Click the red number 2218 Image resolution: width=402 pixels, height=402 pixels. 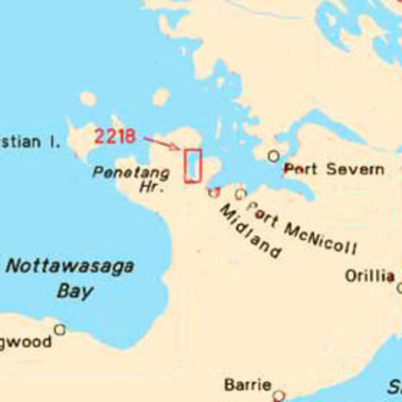click(x=115, y=136)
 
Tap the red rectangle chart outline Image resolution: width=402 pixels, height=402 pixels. click(x=192, y=166)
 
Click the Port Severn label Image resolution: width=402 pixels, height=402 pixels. click(x=333, y=169)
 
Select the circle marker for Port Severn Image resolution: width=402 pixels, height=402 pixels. click(x=273, y=156)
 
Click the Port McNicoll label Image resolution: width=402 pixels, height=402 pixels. click(x=302, y=228)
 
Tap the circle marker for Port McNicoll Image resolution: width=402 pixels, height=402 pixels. click(x=241, y=194)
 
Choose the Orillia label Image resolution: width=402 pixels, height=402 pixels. click(x=369, y=276)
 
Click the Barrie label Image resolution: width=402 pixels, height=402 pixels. click(x=247, y=385)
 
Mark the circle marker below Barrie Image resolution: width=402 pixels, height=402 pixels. click(x=279, y=395)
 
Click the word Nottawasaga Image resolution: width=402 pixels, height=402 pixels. click(x=70, y=267)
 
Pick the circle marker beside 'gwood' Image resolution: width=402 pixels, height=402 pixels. click(x=59, y=330)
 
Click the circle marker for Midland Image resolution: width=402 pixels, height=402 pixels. click(x=214, y=192)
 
